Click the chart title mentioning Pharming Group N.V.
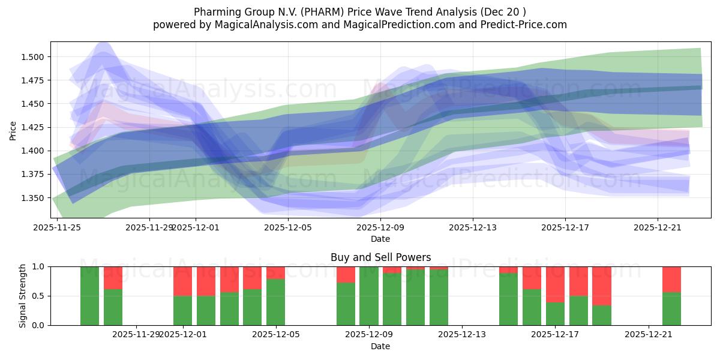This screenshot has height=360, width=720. tap(360, 12)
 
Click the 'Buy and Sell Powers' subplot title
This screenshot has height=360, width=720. tap(380, 257)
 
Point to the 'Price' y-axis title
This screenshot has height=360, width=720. tap(13, 130)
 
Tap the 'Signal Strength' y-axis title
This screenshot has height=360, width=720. tap(22, 296)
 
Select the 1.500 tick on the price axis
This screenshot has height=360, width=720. tap(35, 57)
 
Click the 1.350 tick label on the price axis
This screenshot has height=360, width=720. tap(35, 198)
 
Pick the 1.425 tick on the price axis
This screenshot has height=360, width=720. tap(35, 127)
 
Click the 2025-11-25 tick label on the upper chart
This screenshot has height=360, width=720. tap(57, 227)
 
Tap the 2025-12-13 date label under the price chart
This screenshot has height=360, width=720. tap(473, 227)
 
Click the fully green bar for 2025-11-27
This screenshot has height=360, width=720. tap(90, 296)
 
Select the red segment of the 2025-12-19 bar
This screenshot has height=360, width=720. tap(602, 286)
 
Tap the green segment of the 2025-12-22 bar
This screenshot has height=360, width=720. tap(671, 309)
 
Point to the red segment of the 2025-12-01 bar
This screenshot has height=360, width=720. tap(183, 281)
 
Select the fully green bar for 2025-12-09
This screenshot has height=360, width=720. tap(369, 296)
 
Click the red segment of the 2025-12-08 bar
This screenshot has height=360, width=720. tap(346, 274)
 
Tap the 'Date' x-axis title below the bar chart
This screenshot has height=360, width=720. tap(380, 346)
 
